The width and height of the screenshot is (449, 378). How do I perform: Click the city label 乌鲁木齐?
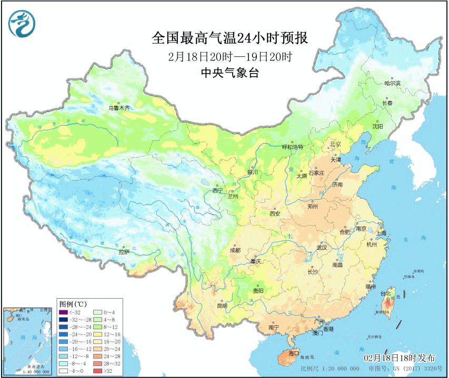(x=119, y=108)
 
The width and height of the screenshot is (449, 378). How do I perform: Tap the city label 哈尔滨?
(x=392, y=83)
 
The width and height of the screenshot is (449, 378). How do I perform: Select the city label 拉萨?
(x=124, y=252)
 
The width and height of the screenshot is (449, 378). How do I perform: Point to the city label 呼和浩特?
(x=293, y=147)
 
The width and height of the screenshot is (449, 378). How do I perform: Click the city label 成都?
(x=235, y=250)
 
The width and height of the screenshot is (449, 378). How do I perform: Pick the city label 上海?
(x=381, y=232)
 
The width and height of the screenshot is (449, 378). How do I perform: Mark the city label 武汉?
(x=322, y=247)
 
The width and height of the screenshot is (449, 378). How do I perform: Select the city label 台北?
(x=385, y=293)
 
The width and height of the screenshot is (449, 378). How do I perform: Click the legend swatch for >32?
(x=95, y=371)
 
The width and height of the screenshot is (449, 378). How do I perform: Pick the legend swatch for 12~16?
(x=95, y=333)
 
